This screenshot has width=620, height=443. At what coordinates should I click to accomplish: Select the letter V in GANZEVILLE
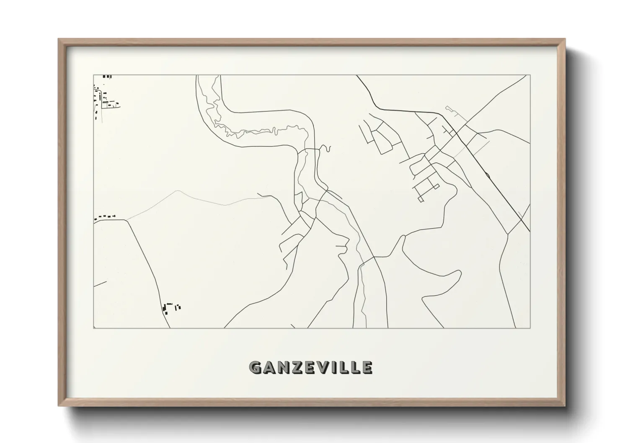coord(321,368)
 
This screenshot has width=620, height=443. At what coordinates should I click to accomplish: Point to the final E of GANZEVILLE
coord(367,368)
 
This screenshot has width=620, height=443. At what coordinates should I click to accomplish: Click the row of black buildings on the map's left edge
coord(105,217)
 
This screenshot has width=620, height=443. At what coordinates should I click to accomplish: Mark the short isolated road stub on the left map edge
coord(100,284)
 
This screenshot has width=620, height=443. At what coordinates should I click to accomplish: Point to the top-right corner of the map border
coord(530,75)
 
